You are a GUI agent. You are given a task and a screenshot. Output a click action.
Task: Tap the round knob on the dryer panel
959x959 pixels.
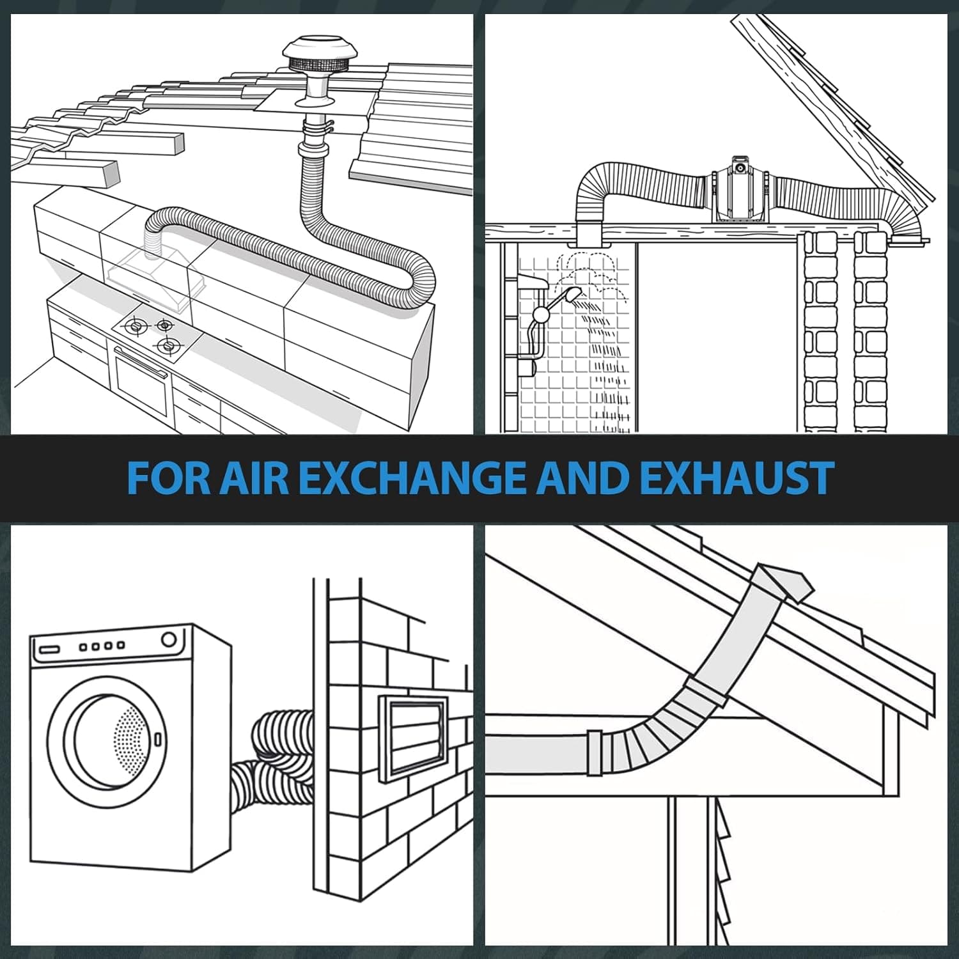click(x=169, y=639)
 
